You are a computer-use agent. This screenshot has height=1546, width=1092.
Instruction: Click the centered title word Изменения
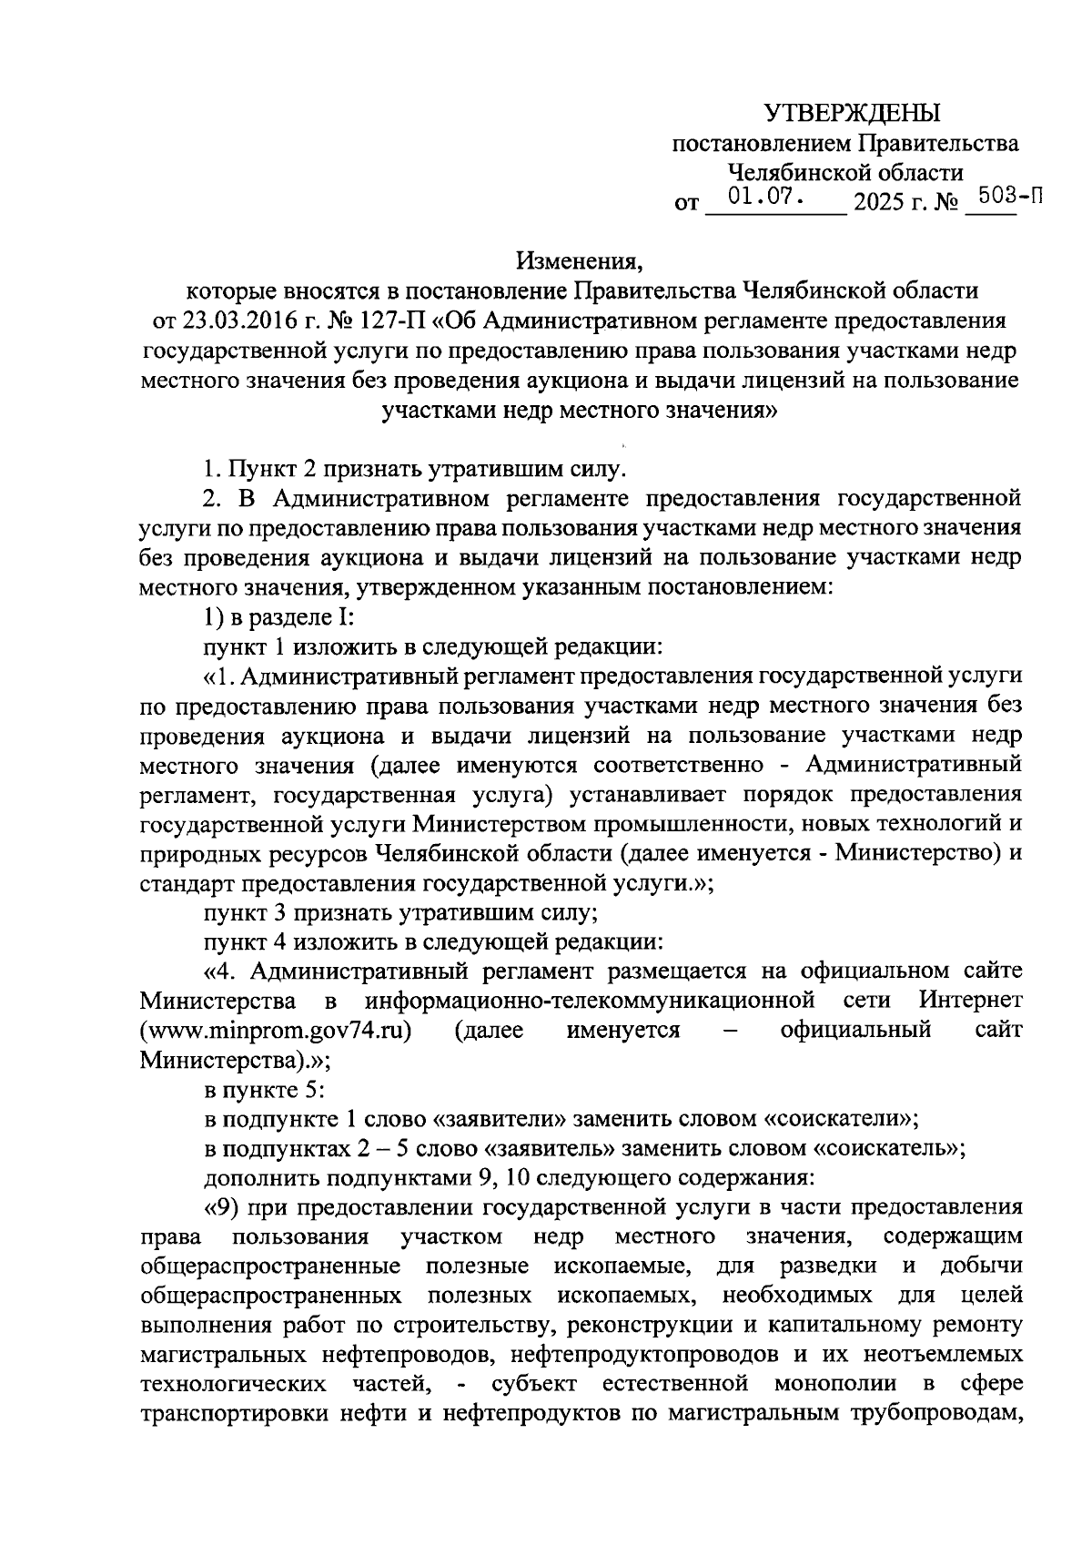tap(579, 261)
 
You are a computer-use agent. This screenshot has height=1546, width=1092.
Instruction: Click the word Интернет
tap(970, 1001)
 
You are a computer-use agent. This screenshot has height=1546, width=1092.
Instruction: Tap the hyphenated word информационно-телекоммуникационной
tap(589, 1001)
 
